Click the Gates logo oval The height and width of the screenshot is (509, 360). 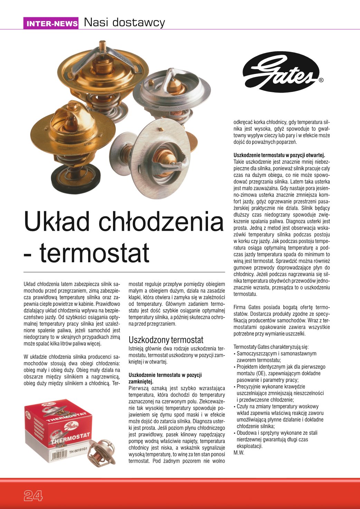tap(281, 72)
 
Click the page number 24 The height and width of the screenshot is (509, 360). tap(33, 496)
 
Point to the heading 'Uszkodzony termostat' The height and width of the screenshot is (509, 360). tap(166, 340)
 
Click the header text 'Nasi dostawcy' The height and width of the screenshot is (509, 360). tap(124, 22)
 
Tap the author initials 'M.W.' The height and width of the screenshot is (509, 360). tap(239, 453)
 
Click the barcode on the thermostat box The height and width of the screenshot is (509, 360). tap(54, 456)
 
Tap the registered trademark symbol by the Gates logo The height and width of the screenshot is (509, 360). tap(321, 80)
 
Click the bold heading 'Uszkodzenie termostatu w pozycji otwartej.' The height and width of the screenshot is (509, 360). tap(279, 155)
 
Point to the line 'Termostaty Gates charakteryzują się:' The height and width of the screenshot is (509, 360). tap(271, 347)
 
